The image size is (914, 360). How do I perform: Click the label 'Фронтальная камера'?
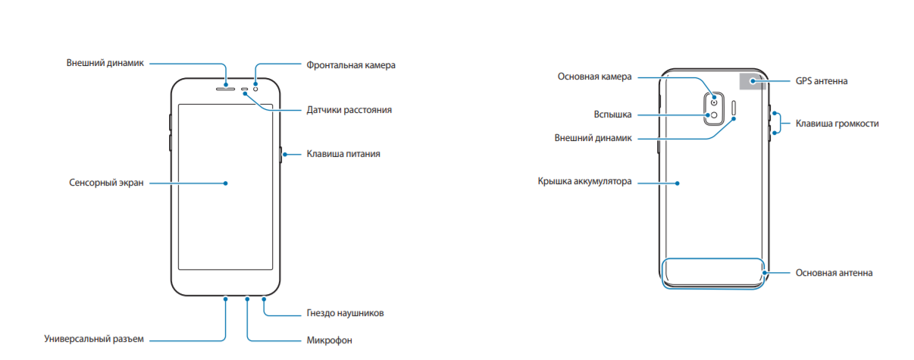coord(351,65)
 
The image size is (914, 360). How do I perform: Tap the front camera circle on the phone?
coord(255,89)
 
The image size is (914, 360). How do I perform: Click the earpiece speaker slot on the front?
coord(225,89)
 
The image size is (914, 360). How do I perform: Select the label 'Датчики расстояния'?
coord(349,110)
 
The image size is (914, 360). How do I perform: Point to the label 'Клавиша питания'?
coord(343,154)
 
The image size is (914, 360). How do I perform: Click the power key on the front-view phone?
coord(280,155)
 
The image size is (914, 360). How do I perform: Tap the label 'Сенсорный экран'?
coord(106,183)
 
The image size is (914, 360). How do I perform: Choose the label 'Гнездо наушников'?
coord(345,313)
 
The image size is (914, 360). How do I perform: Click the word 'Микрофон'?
coord(329,340)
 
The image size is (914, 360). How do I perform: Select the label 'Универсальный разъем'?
coord(94,339)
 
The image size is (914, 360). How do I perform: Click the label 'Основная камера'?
coord(594,77)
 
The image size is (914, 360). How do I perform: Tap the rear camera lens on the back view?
coord(714,102)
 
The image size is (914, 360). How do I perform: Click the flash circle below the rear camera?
coord(714,115)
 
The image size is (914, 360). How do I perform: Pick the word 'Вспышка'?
coord(612,114)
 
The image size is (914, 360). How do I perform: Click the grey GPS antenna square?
coord(753,81)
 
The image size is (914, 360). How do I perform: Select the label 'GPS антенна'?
coord(822,81)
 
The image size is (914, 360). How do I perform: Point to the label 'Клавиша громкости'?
coord(837,124)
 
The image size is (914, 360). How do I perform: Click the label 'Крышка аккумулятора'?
coord(585,181)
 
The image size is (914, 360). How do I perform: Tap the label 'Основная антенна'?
coord(834,273)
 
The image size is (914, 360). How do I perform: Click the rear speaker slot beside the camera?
coord(734,108)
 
